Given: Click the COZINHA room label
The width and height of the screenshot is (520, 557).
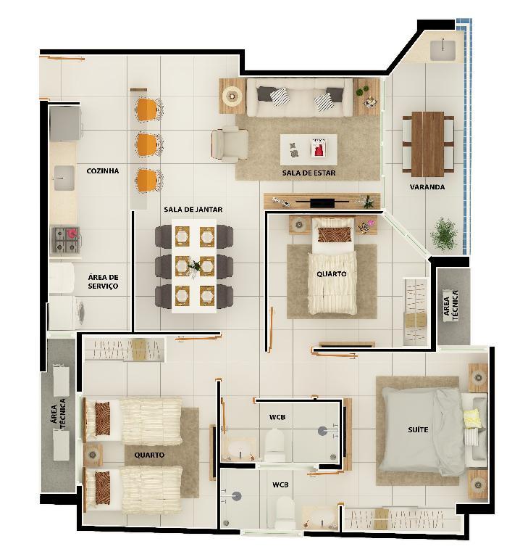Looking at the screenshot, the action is click(103, 171).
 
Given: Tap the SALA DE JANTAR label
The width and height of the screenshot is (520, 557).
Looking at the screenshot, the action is click(193, 210).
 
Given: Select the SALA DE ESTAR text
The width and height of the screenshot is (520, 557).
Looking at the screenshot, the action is click(309, 173).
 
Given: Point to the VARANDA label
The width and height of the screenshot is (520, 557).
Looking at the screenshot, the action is click(427, 187).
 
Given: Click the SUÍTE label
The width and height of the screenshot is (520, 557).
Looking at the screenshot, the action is click(418, 430).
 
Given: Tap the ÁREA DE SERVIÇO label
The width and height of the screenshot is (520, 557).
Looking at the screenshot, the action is click(103, 281).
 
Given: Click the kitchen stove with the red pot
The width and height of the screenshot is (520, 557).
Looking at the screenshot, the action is click(66, 240).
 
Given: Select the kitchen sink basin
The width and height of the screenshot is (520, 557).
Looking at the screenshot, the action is click(64, 178).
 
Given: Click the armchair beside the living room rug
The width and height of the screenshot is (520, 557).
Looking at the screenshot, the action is click(230, 144).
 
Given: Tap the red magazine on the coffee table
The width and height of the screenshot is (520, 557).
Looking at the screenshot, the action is click(319, 148).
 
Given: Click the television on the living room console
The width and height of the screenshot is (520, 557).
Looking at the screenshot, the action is click(322, 202).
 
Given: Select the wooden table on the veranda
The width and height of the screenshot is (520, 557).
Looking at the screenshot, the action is click(428, 144).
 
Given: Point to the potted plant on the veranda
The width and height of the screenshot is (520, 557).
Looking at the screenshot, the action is click(444, 234).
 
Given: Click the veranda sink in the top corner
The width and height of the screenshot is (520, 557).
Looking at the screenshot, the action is click(443, 50).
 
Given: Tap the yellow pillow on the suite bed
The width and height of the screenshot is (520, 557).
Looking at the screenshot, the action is click(472, 418).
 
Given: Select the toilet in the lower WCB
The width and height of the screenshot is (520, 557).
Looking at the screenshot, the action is click(285, 512).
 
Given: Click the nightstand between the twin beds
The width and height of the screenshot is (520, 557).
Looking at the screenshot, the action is click(93, 454).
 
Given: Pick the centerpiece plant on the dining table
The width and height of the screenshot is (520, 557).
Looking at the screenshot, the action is click(194, 265).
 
